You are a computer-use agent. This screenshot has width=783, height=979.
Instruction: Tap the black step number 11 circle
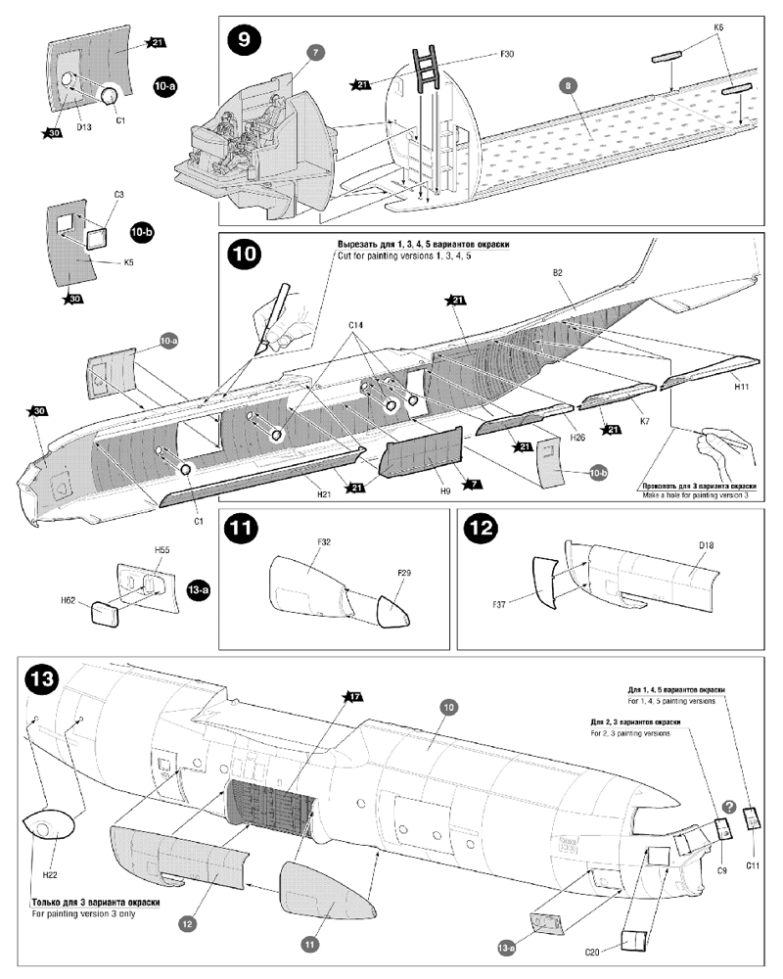[x=242, y=530]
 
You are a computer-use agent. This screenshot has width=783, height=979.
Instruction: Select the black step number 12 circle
[x=482, y=530]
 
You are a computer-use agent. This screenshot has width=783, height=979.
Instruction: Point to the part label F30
[x=507, y=54]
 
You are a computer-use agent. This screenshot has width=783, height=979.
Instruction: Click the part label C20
[x=593, y=951]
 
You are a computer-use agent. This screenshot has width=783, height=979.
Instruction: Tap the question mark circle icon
[x=729, y=807]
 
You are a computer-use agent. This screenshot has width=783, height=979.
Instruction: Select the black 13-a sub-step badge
[x=196, y=593]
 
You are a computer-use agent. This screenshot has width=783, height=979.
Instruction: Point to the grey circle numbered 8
[x=567, y=86]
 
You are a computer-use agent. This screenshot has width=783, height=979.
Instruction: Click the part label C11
[x=753, y=864]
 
